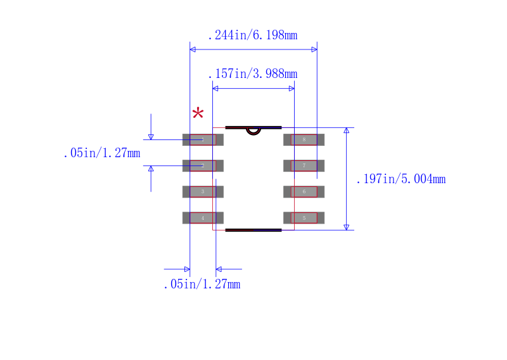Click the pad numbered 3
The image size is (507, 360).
203,191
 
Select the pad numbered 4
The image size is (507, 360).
203,217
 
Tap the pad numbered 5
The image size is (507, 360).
304,217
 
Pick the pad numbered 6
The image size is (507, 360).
304,191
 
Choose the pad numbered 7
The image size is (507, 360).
304,165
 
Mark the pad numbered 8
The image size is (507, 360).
304,139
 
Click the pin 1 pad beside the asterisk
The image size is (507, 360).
203,139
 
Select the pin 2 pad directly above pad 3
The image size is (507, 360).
203,165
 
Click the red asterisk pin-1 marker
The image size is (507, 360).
198,114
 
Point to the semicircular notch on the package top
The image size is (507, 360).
253,131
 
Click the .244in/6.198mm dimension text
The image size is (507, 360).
252,35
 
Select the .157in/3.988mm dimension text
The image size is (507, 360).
252,74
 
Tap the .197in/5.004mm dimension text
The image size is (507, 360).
401,179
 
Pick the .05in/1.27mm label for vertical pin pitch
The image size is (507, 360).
101,153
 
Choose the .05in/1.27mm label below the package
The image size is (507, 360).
202,285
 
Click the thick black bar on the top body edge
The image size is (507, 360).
253,127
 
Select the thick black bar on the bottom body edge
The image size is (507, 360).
253,230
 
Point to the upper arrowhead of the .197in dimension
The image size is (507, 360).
346,131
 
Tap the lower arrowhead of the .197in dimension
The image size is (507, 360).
346,227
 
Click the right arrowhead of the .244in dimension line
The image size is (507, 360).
314,49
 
